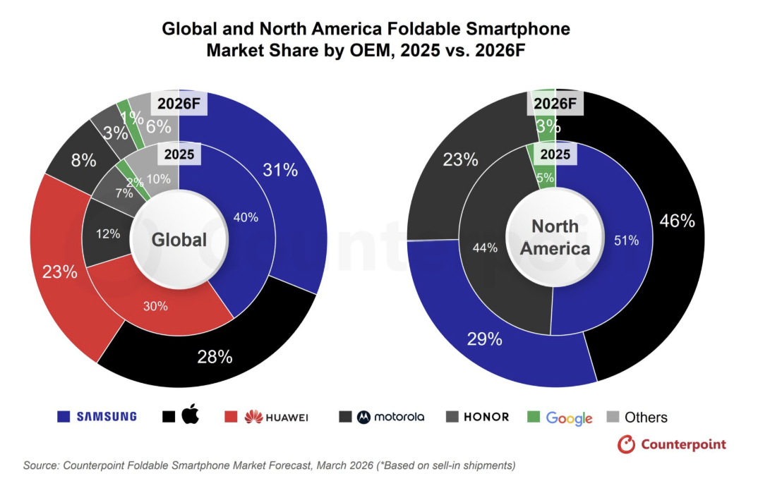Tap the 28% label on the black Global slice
[x=215, y=357]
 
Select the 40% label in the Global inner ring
[x=245, y=218]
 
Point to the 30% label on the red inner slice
[x=156, y=306]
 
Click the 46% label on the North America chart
[x=677, y=221]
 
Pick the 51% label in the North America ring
[x=626, y=240]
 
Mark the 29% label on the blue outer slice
[x=485, y=339]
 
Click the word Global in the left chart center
[x=179, y=240]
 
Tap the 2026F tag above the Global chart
[x=179, y=104]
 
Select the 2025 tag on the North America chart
[x=555, y=154]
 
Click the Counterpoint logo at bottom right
[x=672, y=444]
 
